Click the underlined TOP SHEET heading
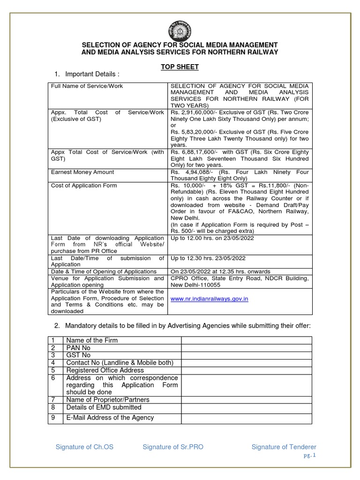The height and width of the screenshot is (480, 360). (180, 67)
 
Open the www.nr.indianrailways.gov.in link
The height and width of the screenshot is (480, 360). (210, 299)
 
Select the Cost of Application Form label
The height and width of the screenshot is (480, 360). (84, 186)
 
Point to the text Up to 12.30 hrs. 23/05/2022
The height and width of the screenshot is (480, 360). (208, 258)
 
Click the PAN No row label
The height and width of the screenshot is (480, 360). (78, 348)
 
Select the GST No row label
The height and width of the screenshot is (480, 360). (78, 355)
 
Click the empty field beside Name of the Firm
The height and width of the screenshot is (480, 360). (246, 340)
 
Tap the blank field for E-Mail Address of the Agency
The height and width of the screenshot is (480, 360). (246, 418)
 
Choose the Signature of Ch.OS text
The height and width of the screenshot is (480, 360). (84, 447)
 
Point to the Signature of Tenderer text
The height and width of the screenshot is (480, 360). (284, 447)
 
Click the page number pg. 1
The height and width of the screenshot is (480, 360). (310, 455)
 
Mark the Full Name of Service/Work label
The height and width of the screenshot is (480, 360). (87, 86)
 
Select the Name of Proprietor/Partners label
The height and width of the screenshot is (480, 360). (107, 399)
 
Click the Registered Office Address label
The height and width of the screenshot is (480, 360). (105, 370)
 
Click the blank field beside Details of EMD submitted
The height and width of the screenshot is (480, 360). (246, 407)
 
